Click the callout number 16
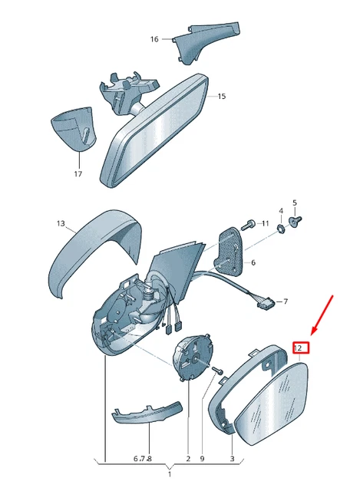pos(154,39)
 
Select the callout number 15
pos(222,96)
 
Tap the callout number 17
pos(78,173)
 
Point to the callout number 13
pos(61,223)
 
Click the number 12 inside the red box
pos(298,348)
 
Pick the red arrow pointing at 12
pos(322,315)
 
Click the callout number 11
pos(266,223)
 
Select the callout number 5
pos(295,203)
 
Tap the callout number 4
pos(281,211)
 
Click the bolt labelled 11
pos(247,225)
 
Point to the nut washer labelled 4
pos(282,229)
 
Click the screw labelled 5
pos(295,221)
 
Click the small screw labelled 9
pos(218,371)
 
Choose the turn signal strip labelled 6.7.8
pos(147,412)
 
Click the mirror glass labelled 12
pos(272,404)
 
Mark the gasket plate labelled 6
pos(230,252)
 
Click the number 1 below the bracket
pos(170,474)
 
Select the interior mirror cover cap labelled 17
pos(73,128)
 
